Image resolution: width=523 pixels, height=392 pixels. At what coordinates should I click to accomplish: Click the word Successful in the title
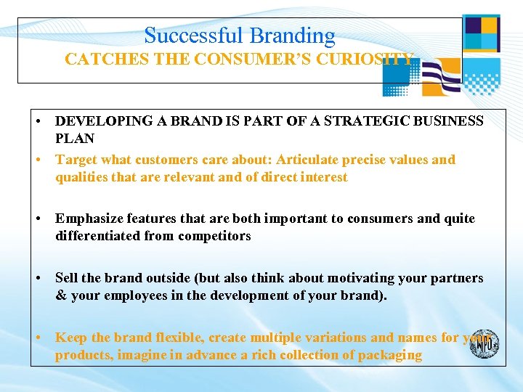click(195, 36)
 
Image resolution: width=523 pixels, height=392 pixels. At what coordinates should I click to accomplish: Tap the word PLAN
click(75, 138)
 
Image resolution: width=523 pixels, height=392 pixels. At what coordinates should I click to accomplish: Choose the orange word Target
click(76, 160)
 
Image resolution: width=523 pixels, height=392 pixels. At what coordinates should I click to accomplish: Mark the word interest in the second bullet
click(323, 177)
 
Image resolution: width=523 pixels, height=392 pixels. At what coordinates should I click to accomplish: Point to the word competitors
click(216, 236)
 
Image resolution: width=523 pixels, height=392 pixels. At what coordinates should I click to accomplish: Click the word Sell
click(66, 278)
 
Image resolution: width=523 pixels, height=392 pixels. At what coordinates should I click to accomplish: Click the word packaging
click(386, 355)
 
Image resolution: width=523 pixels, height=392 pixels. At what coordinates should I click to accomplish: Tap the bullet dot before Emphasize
click(45, 219)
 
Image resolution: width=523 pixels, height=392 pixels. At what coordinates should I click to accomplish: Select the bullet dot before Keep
click(45, 338)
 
